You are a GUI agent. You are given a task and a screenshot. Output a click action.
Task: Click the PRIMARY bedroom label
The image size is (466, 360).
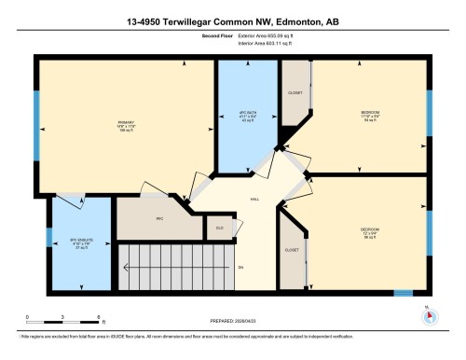[x=126, y=122]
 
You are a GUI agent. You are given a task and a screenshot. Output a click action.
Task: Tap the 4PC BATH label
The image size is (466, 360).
[x=247, y=115]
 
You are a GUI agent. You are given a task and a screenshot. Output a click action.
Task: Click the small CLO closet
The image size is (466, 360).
[x=219, y=227]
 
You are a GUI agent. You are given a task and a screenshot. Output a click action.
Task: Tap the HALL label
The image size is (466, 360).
[x=254, y=199]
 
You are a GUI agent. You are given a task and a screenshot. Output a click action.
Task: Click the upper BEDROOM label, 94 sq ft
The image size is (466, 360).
[x=370, y=115]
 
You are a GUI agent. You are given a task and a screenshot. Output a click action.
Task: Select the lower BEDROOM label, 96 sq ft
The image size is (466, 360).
[x=370, y=228]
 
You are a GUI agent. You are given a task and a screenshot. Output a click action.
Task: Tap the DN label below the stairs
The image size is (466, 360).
[x=240, y=268]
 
